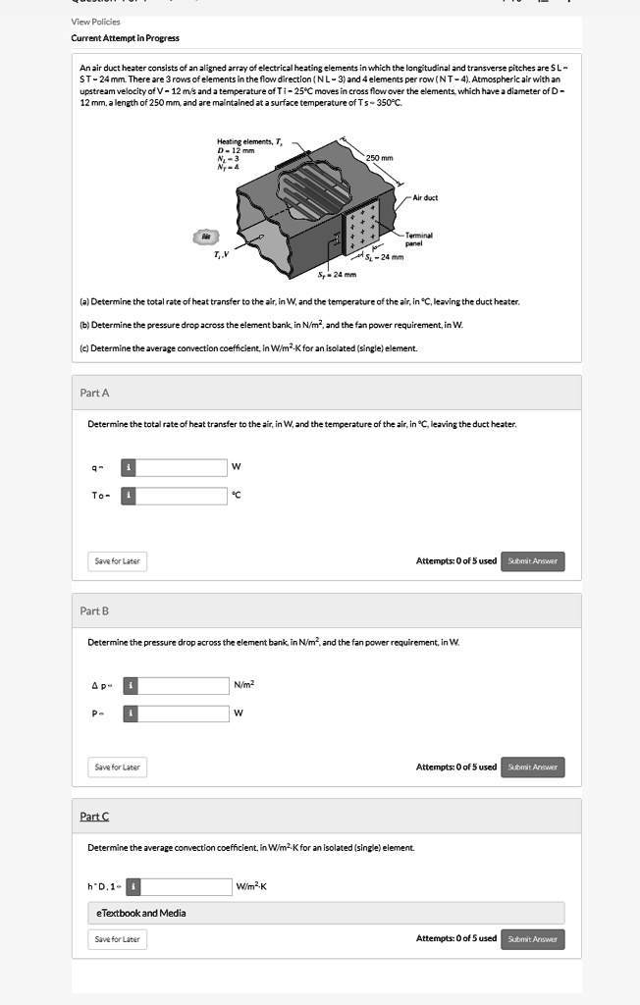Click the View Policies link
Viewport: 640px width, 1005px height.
[x=95, y=22]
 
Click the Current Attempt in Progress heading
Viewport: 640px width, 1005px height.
[x=125, y=38]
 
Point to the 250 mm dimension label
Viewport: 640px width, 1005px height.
[x=379, y=158]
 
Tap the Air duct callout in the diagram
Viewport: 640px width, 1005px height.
[x=425, y=197]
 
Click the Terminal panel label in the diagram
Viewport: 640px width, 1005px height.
[x=419, y=238]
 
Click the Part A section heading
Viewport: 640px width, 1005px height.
[x=94, y=393]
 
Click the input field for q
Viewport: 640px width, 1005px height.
[x=182, y=466]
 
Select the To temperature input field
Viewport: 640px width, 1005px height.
[x=182, y=496]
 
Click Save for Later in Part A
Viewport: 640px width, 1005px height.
[x=117, y=561]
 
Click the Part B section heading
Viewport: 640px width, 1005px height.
[x=94, y=610]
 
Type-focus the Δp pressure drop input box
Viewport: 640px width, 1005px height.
[x=182, y=684]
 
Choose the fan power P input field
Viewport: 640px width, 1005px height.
[x=182, y=714]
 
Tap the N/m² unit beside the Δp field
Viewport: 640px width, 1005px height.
[x=244, y=684]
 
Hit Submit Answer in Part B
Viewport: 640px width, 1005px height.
[x=533, y=767]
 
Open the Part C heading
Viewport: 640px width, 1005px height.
[x=94, y=817]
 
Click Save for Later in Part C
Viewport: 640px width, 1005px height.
[x=117, y=939]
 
